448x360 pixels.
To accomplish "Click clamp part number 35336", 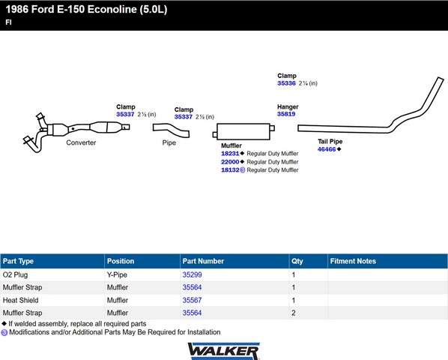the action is [286, 83].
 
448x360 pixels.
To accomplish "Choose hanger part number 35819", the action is [286, 114].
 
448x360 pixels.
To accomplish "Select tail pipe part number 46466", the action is [327, 149].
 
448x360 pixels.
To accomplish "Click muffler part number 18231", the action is [230, 154].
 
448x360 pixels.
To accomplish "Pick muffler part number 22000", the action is [230, 162].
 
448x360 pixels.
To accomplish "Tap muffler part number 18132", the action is [230, 169].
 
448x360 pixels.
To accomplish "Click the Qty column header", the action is [297, 261].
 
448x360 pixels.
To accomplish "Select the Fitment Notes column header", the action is [353, 261].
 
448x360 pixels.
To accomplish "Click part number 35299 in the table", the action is [192, 274].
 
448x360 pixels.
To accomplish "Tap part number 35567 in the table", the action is [192, 300].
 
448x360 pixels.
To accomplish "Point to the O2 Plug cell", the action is [15, 274].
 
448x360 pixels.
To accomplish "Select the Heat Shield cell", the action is [20, 300].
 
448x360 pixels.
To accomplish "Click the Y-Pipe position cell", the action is [117, 274].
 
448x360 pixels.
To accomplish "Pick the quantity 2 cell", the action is [294, 313].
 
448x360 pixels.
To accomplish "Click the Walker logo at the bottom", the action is [223, 351].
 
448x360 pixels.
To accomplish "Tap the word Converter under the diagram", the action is [81, 142].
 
